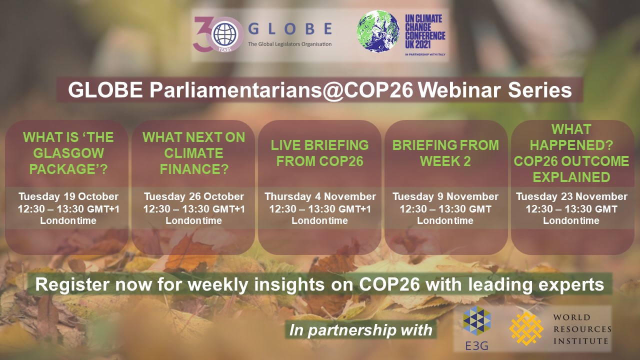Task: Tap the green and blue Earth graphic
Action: [x=378, y=31]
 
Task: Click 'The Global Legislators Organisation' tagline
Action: [x=289, y=44]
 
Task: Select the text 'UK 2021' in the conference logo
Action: [x=418, y=44]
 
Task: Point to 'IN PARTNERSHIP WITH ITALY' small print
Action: [x=425, y=54]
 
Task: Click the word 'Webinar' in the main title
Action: [x=459, y=90]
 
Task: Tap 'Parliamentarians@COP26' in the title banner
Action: [x=281, y=91]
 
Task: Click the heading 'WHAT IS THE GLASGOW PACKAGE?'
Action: [x=68, y=153]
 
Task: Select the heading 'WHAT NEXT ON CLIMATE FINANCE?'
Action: [x=194, y=153]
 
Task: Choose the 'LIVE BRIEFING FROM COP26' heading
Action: [x=319, y=153]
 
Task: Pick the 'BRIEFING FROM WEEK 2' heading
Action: [x=445, y=153]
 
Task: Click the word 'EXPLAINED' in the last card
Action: [x=571, y=177]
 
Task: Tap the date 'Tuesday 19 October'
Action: [x=68, y=196]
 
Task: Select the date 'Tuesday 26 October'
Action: [x=194, y=196]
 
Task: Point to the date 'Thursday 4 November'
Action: [x=320, y=196]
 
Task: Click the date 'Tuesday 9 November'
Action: [x=445, y=196]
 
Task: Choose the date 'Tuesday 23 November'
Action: [x=571, y=196]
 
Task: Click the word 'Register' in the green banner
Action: [x=72, y=285]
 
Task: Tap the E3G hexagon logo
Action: [x=477, y=320]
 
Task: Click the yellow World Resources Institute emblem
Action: [x=526, y=328]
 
